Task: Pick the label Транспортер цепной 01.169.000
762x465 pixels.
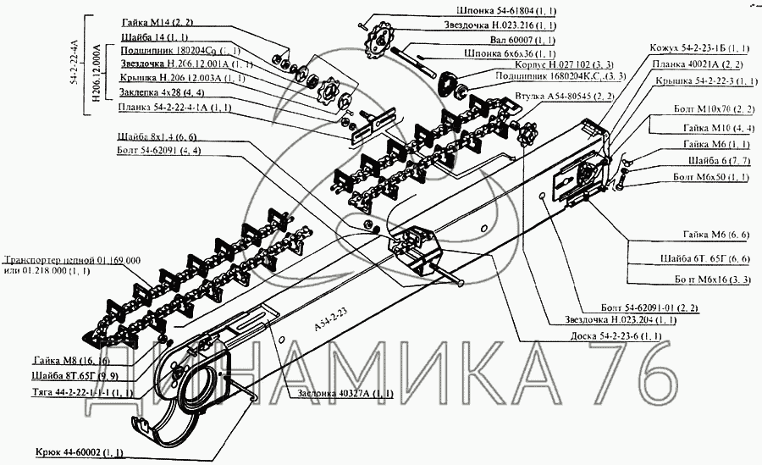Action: [72, 260]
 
